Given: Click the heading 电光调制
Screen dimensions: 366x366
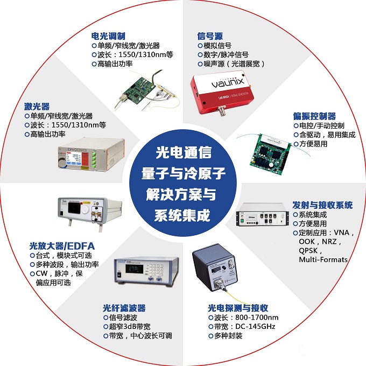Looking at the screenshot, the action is (108, 36).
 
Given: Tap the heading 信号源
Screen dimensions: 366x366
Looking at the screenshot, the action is (210, 36).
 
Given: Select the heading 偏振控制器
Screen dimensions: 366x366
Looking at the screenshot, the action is (314, 116).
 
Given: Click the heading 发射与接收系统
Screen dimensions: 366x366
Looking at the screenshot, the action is (322, 205).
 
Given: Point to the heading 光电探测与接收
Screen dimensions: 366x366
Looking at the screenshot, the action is (238, 308).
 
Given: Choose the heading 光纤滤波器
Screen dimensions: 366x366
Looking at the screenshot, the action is (124, 308).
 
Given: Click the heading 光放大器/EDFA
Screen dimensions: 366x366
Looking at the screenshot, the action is (62, 247).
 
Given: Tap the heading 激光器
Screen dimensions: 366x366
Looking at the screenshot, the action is (37, 107).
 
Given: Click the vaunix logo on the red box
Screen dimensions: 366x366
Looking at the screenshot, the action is (227, 83).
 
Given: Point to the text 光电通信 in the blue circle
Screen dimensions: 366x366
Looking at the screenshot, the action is (184, 153).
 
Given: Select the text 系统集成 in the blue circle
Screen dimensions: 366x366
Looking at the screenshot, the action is (182, 215).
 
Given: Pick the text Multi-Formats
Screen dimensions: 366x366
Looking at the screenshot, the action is (323, 259).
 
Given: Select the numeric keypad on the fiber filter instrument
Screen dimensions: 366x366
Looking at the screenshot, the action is (156, 271).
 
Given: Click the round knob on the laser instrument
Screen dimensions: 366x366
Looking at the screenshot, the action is (62, 163).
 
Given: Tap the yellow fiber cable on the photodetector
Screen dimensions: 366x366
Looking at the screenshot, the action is (237, 297).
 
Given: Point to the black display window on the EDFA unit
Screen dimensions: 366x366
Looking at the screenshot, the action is (74, 208).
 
